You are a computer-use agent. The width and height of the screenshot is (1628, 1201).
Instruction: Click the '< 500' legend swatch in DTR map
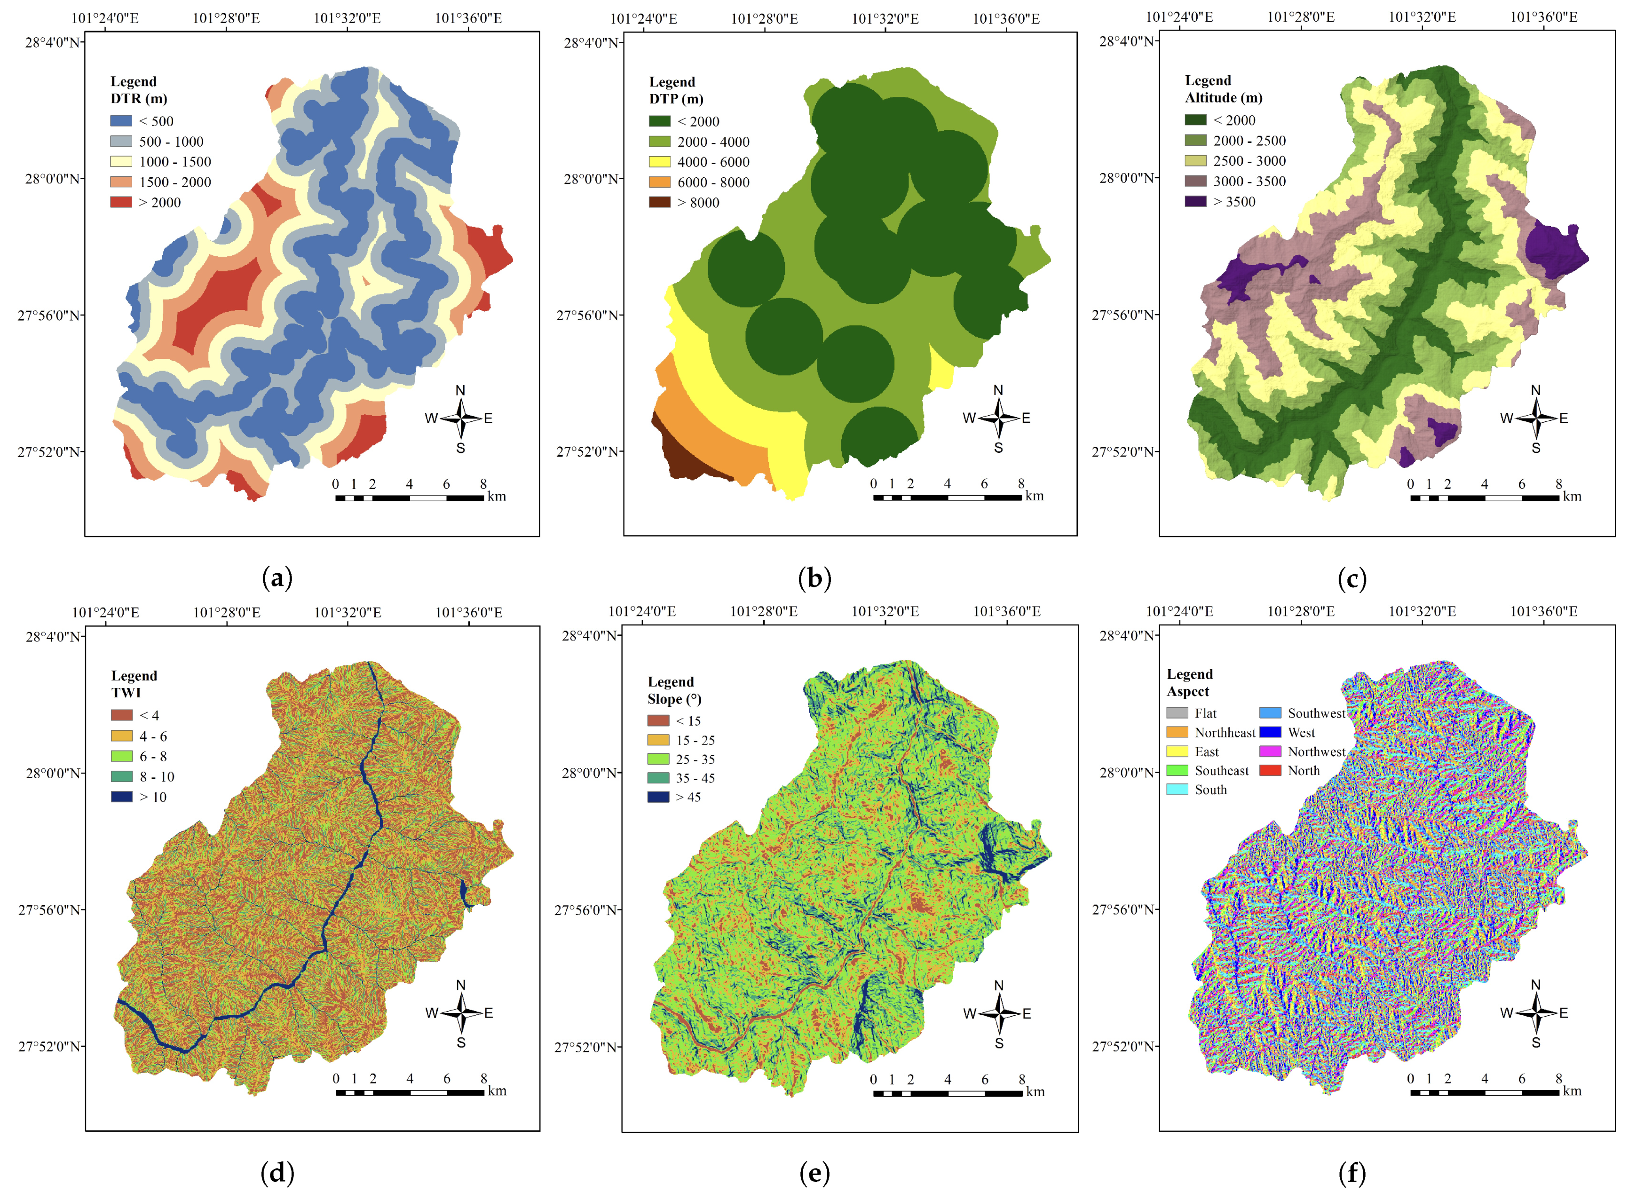[x=121, y=121]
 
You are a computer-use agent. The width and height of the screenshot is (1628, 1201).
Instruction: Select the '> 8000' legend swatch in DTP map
[x=659, y=202]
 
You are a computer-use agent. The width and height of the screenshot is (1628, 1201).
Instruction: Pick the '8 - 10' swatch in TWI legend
[x=121, y=776]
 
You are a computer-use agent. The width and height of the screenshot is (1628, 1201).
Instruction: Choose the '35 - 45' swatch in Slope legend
[x=657, y=778]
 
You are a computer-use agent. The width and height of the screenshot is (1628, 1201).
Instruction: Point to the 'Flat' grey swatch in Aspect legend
[x=1177, y=713]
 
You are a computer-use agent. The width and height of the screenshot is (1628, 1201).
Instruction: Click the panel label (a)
[x=277, y=579]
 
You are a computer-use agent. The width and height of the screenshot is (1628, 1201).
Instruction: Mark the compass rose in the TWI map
[x=460, y=1013]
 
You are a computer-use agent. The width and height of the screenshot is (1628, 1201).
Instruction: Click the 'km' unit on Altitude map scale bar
[x=1571, y=497]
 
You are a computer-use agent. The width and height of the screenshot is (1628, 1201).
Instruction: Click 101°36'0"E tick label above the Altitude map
[x=1544, y=17]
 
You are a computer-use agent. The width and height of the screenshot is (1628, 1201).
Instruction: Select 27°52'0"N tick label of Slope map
[x=586, y=1048]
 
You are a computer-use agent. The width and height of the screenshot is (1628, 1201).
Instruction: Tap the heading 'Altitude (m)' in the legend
[x=1223, y=97]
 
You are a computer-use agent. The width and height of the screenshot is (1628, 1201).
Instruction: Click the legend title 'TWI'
[x=126, y=693]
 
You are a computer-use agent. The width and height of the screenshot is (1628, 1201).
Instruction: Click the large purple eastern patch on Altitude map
[x=1555, y=251]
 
